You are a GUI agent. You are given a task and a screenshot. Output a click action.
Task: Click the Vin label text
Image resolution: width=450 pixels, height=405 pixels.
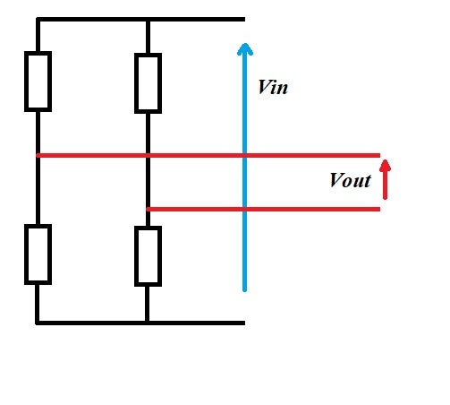tap(273, 87)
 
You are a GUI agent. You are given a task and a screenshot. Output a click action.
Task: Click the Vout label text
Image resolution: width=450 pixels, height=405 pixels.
tap(351, 180)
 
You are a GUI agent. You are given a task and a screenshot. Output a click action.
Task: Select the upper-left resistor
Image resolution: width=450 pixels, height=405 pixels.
tap(38, 82)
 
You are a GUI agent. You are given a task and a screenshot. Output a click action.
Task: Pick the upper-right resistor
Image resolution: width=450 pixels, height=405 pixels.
tap(149, 83)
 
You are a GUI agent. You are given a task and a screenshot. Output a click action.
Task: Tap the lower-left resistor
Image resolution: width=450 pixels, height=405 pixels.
tap(38, 254)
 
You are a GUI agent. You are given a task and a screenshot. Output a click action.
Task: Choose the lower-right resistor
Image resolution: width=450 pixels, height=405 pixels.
tap(149, 256)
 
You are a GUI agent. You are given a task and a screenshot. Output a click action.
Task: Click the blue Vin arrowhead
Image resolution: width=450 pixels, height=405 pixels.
tap(245, 49)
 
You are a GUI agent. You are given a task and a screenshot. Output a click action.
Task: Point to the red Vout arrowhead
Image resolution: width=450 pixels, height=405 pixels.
tap(385, 166)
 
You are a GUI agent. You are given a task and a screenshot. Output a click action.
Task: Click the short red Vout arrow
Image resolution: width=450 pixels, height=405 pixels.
tap(385, 179)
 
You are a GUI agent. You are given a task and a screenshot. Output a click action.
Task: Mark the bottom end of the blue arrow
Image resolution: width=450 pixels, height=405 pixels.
tap(245, 289)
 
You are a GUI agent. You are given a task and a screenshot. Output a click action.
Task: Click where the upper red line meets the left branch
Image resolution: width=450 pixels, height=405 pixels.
tap(38, 155)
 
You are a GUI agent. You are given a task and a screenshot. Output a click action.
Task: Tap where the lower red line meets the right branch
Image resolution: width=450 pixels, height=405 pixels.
tap(149, 210)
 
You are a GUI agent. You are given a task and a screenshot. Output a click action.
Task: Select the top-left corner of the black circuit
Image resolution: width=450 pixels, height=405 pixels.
tap(38, 20)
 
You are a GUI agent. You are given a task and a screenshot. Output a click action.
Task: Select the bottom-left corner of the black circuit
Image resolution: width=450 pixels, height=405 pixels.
tap(38, 323)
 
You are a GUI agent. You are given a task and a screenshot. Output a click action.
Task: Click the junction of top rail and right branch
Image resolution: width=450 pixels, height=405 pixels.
tap(148, 20)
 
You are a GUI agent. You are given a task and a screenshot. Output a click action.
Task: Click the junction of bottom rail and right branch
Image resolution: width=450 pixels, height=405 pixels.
tap(147, 323)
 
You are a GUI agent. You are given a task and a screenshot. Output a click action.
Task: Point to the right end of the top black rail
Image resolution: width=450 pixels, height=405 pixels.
tap(244, 20)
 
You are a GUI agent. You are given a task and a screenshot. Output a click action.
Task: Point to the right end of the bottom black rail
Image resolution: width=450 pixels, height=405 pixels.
tap(244, 323)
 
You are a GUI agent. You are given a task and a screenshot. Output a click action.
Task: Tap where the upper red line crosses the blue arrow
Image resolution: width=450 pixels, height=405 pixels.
tap(245, 155)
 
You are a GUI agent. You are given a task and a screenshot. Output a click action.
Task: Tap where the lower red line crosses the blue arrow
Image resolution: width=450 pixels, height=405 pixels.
tap(245, 210)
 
